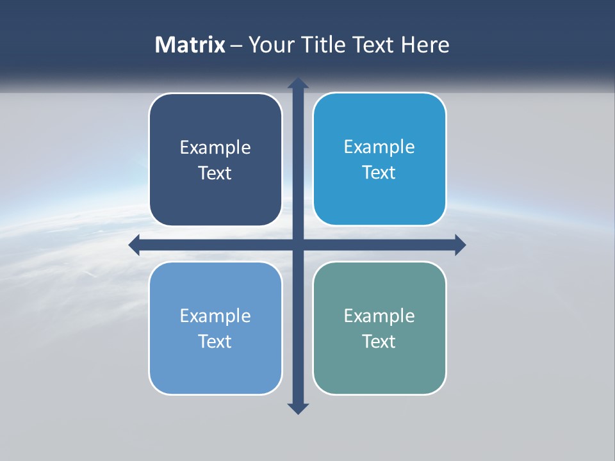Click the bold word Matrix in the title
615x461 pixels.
click(190, 45)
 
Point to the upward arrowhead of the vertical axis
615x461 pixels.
click(298, 83)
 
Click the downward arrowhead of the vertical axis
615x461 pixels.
click(298, 408)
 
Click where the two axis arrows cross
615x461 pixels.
click(298, 245)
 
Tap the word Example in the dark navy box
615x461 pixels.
click(215, 148)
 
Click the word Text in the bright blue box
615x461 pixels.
click(379, 173)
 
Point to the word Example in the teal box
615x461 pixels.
click(379, 316)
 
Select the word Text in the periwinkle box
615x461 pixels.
click(215, 341)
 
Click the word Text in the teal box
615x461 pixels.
click(379, 341)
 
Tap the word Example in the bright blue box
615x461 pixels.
click(379, 147)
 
